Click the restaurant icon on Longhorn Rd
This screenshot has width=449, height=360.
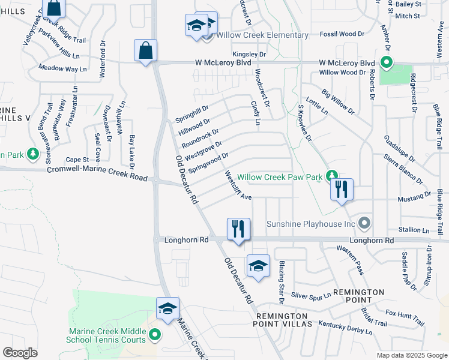238,229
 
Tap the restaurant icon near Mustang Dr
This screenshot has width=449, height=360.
341,190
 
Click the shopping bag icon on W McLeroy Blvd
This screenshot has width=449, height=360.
146,51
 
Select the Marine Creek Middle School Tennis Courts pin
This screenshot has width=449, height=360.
155,335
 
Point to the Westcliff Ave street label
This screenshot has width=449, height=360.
238,186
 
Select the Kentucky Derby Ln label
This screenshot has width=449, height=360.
345,328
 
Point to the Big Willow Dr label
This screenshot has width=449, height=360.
338,102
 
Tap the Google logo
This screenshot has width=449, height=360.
20,352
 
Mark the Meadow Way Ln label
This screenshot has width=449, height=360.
62,69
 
